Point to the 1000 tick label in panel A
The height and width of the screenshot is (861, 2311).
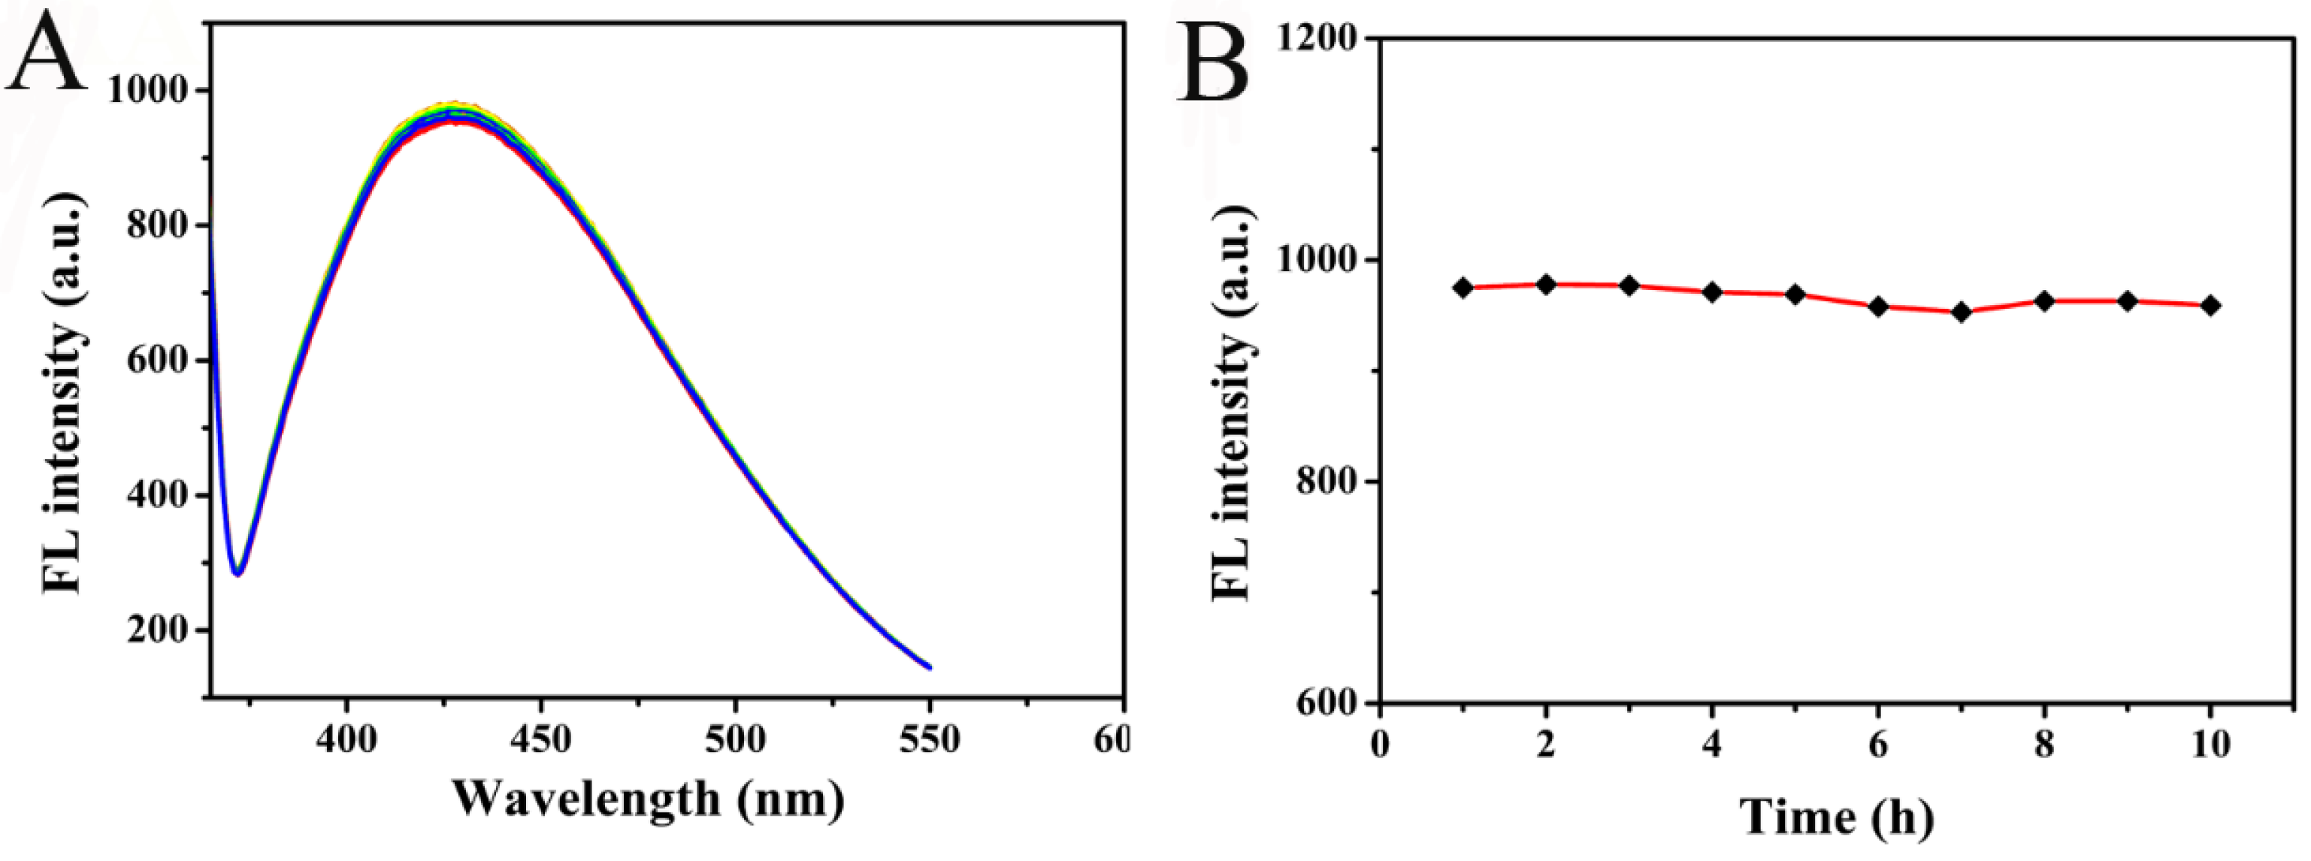pyautogui.click(x=149, y=91)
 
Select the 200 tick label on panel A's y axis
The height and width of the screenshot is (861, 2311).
pyautogui.click(x=159, y=630)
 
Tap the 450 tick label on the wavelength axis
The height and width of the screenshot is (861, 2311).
pyautogui.click(x=540, y=739)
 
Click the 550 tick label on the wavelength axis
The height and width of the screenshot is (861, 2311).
pyautogui.click(x=930, y=739)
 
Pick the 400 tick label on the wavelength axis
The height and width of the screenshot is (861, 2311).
pyautogui.click(x=346, y=739)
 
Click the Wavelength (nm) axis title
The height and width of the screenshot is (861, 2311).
pyautogui.click(x=648, y=797)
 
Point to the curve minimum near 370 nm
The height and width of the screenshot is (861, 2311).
pyautogui.click(x=237, y=572)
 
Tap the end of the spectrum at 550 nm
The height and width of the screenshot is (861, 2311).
pyautogui.click(x=930, y=667)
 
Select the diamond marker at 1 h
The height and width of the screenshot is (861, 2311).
pyautogui.click(x=1463, y=288)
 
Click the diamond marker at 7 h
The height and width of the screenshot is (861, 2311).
pyautogui.click(x=1961, y=312)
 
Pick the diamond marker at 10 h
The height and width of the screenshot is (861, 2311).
pyautogui.click(x=2210, y=306)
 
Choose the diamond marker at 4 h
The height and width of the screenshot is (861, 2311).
pyautogui.click(x=1712, y=292)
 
